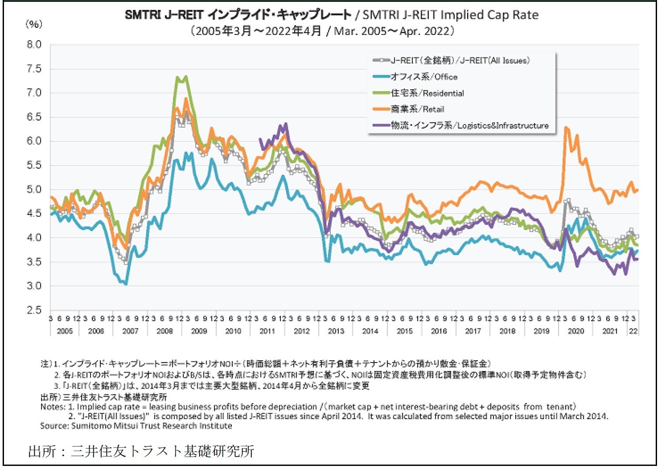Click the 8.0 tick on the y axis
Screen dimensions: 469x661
point(34,45)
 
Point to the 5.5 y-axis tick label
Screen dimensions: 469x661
point(34,165)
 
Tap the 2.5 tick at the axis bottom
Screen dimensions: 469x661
point(34,310)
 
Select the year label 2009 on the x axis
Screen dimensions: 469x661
point(199,331)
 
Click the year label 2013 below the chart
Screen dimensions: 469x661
point(336,331)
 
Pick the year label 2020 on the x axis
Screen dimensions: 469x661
point(576,331)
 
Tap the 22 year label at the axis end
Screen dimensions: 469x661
point(633,331)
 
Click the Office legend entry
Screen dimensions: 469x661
point(424,77)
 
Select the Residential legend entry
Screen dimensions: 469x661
point(427,93)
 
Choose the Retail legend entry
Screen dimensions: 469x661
point(417,109)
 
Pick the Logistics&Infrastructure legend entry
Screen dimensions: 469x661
point(469,125)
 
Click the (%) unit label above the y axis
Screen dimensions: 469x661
point(34,24)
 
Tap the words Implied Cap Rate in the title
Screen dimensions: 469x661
point(489,15)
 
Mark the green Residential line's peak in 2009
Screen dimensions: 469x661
point(185,77)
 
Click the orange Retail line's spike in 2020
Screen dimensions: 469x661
point(566,128)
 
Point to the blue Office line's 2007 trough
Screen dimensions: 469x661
point(126,284)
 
